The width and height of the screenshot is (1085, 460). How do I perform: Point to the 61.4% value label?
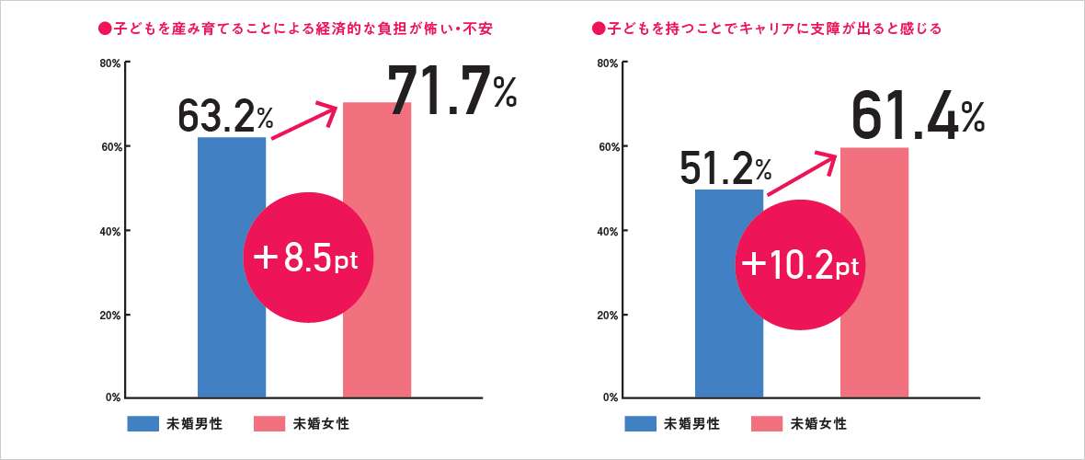[x=917, y=117]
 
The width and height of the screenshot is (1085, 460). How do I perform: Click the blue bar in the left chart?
[x=232, y=350]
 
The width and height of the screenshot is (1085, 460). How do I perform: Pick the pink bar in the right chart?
[x=874, y=359]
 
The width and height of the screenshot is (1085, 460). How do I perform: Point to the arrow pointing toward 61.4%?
[x=802, y=173]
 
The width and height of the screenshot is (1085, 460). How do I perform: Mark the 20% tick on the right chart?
[x=607, y=315]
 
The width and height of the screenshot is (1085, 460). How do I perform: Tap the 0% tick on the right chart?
[x=610, y=398]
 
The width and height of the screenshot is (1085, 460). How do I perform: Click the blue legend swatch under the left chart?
[x=143, y=424]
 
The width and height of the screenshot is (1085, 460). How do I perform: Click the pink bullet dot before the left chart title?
[x=104, y=29]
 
